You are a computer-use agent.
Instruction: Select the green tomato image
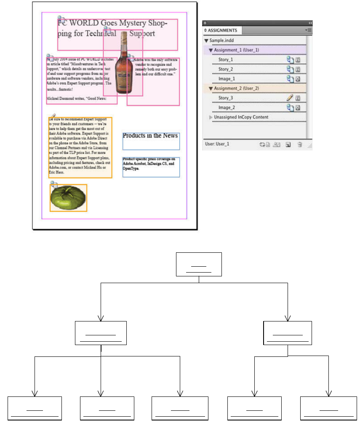[68, 198]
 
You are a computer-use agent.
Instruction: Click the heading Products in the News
[150, 136]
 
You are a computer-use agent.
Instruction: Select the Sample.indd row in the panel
[221, 41]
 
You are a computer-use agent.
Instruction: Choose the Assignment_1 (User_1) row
[236, 50]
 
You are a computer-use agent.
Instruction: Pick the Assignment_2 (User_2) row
[236, 88]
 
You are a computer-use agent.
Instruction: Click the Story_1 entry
[226, 60]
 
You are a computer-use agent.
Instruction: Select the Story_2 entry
[226, 69]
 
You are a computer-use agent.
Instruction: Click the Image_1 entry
[227, 79]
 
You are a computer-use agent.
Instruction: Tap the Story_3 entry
[226, 98]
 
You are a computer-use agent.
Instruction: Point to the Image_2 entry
[227, 107]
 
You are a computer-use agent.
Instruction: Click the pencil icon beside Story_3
[290, 98]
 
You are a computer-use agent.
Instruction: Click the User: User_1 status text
[217, 144]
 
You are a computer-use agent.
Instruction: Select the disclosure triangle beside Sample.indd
[206, 41]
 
